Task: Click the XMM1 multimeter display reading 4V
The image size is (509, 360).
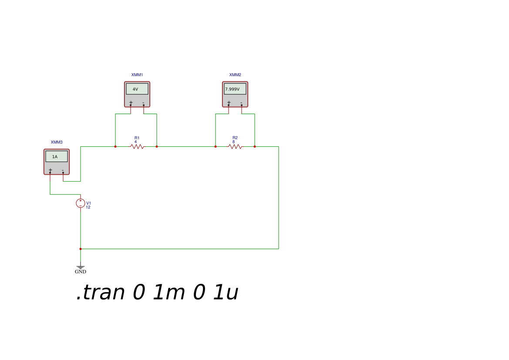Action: point(137,89)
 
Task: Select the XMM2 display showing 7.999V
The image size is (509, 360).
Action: point(235,89)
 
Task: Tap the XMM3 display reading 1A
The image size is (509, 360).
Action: point(57,156)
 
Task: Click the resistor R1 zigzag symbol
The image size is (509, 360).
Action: point(138,147)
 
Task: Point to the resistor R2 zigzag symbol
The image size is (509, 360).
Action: point(236,147)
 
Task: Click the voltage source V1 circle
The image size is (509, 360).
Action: point(81,203)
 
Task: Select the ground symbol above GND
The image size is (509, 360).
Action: point(81,267)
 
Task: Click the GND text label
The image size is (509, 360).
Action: point(81,272)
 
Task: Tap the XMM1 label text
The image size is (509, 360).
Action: point(137,75)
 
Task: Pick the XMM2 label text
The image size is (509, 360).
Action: point(235,75)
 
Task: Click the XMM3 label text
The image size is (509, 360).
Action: point(57,142)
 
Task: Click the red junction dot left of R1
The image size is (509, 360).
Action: point(115,147)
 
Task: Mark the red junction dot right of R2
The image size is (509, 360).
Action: point(255,147)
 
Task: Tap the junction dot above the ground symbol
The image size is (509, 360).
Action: point(81,249)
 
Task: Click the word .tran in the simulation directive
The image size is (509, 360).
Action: point(101,292)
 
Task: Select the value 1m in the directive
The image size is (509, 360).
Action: point(169,292)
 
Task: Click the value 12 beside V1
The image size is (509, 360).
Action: point(88,208)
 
